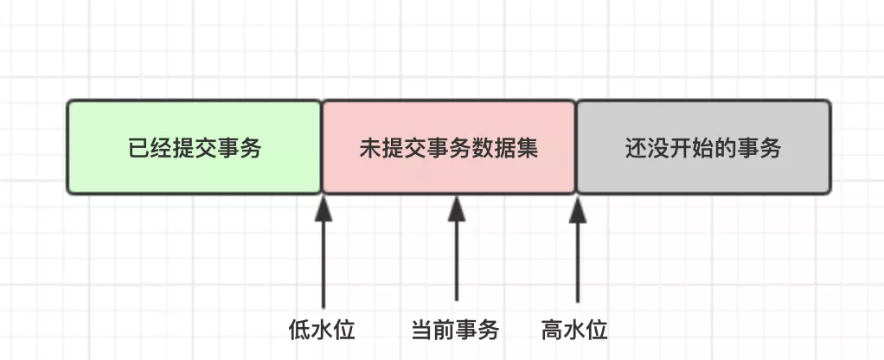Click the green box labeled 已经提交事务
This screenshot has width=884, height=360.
point(195,148)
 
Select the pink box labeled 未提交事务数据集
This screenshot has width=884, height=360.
point(449,148)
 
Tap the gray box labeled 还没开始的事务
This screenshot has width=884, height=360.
point(703,148)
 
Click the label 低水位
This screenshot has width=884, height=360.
point(323,330)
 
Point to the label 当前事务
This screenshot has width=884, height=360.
point(456,330)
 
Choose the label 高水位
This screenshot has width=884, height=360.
point(575,330)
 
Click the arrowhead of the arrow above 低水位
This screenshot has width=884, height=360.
point(323,208)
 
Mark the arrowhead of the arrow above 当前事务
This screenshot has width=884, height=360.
point(456,208)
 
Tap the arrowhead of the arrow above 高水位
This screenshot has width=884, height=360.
point(577,208)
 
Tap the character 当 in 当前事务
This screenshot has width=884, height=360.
point(423,330)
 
